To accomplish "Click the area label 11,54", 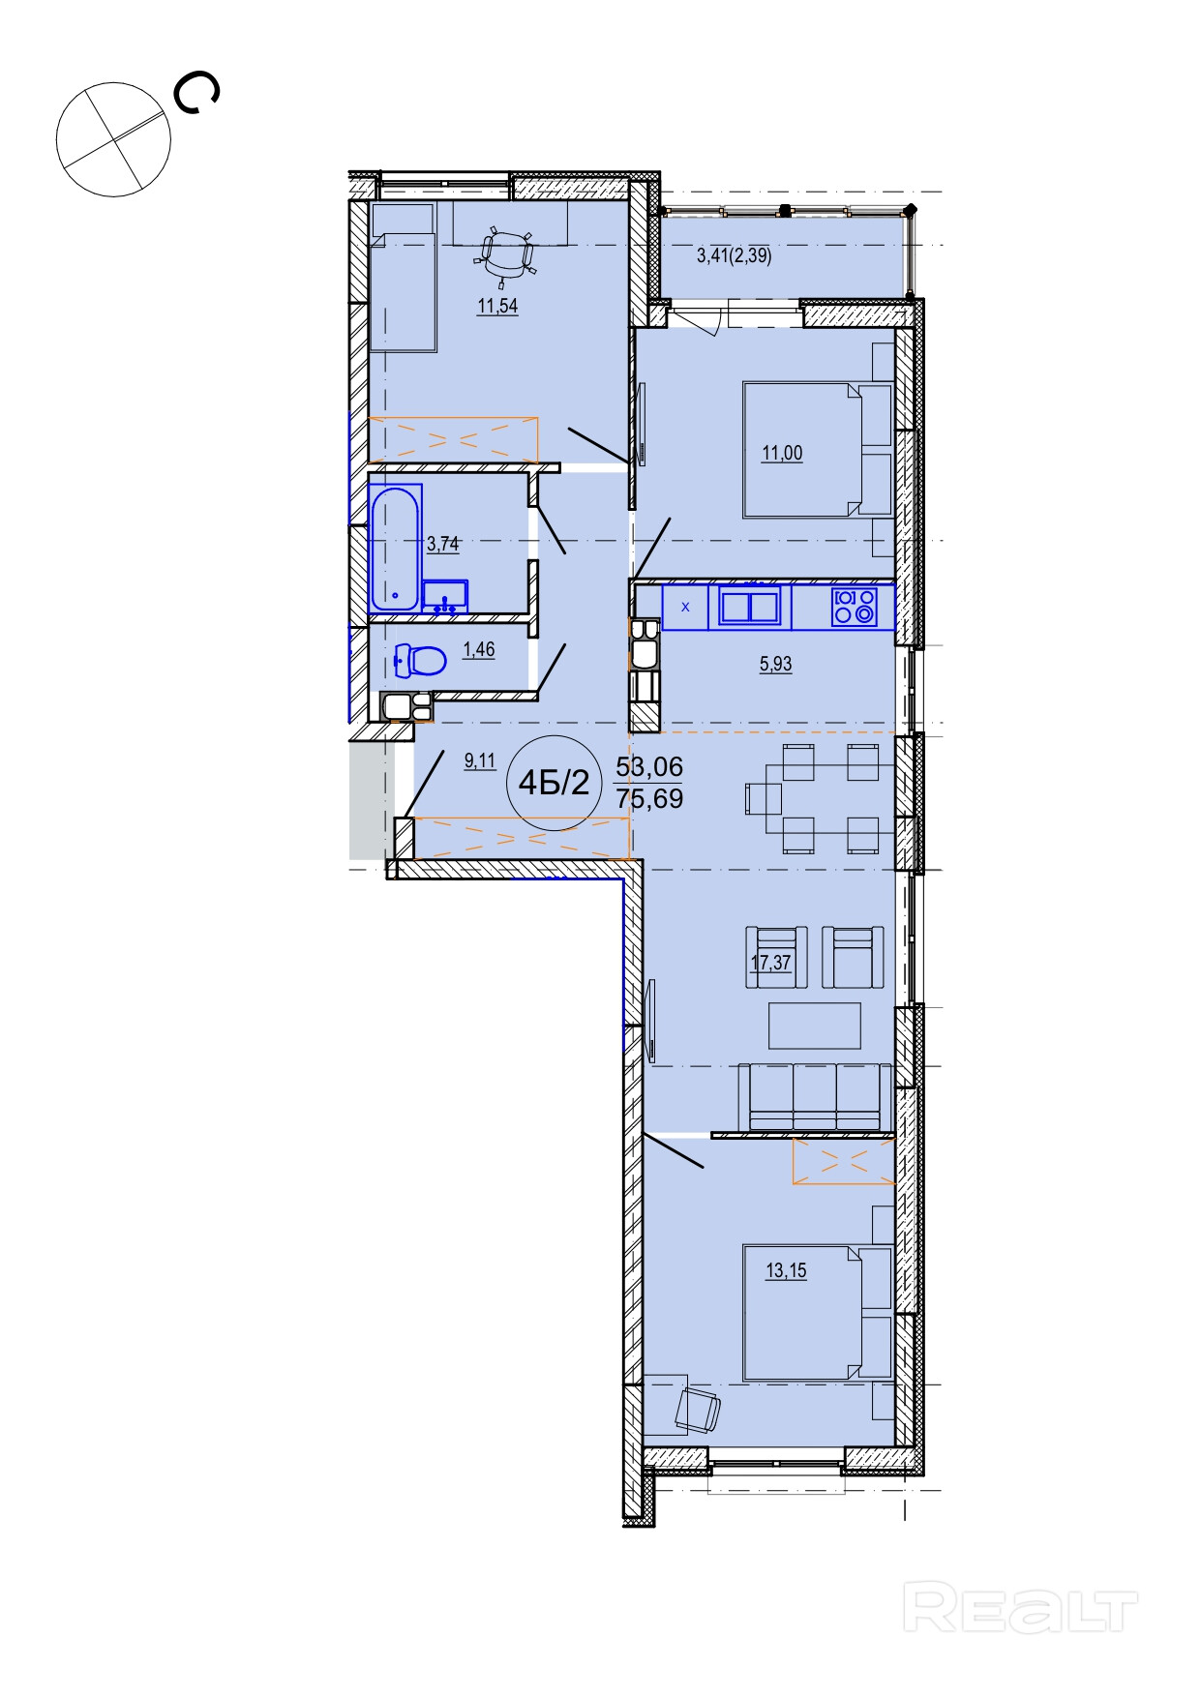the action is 496,308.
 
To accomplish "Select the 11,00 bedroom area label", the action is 782,453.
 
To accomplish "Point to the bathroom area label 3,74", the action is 442,544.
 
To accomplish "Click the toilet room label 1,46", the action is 478,650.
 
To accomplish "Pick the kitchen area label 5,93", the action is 775,665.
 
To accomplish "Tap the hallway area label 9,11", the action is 480,760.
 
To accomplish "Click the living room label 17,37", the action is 771,963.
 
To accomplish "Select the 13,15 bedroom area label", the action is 786,1271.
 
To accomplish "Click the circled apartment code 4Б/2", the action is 554,783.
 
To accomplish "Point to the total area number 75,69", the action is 649,799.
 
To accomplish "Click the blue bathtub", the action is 396,549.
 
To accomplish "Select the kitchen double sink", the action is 751,607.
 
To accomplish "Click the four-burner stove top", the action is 855,607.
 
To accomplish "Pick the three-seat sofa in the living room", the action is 815,1096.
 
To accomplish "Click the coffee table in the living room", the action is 815,1026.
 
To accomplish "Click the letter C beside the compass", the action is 196,94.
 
